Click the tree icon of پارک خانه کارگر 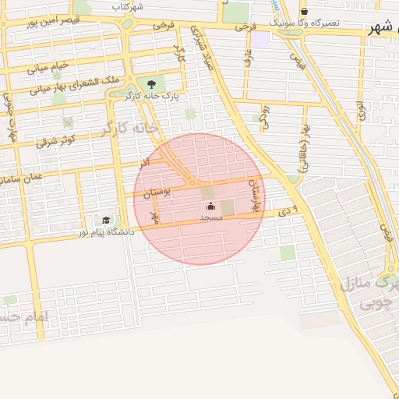click(x=151, y=83)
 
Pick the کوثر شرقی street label click(x=55, y=141)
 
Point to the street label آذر click(x=144, y=164)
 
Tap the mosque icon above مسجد click(x=210, y=207)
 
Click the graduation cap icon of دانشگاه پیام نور click(x=106, y=221)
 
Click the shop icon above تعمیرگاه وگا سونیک click(x=304, y=12)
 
